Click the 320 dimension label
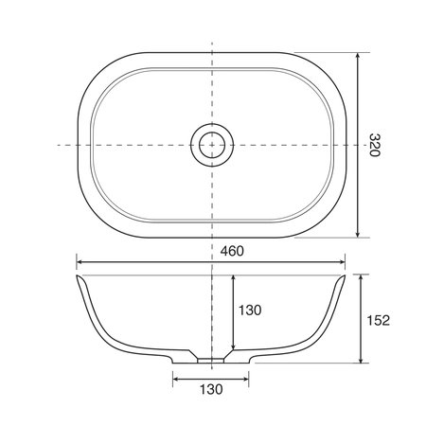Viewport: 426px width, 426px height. [x=375, y=145]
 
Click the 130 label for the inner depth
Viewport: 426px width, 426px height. [x=250, y=310]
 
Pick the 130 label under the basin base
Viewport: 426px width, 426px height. [x=211, y=390]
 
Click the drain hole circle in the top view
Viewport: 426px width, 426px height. [x=211, y=145]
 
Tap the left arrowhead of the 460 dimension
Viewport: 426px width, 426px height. [x=80, y=264]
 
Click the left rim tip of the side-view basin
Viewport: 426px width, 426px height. [x=77, y=276]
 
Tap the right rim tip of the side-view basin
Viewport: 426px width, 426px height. [x=345, y=276]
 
